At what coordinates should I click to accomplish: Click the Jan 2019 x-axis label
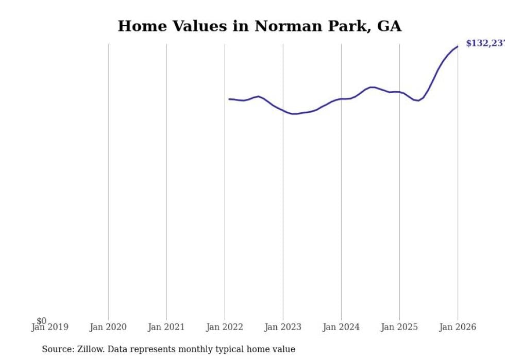[49, 327]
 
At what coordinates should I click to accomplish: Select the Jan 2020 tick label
[108, 327]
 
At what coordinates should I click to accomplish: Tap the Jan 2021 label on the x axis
[166, 327]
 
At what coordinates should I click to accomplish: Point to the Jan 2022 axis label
[224, 327]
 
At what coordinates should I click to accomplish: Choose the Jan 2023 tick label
[282, 327]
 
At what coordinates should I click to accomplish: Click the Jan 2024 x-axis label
[341, 327]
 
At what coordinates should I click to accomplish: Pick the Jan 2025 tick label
[399, 327]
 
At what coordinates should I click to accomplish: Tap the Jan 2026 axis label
[457, 327]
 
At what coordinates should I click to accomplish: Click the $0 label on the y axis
[41, 321]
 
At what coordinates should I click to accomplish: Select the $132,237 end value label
[485, 43]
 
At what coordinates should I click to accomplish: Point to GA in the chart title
[389, 26]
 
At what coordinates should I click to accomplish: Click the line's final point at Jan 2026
[458, 46]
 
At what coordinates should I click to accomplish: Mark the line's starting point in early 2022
[229, 99]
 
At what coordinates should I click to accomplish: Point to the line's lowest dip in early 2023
[293, 114]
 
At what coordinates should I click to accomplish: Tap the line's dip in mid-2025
[418, 100]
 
